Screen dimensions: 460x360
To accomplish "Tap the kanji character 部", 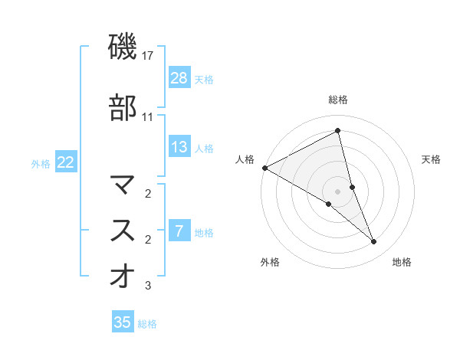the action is coord(123,108).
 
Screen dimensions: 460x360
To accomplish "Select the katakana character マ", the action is coord(123,184).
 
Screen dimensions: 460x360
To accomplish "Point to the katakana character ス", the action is coord(123,229).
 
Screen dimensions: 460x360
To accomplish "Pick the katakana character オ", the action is coord(123,276).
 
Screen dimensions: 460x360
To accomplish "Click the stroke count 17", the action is coord(148,56).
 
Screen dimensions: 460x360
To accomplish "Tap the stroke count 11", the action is coord(148,117).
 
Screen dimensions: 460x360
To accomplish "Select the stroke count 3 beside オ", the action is coord(148,286).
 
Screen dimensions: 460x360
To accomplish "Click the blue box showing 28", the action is coord(179,77).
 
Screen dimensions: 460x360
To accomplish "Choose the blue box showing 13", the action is coord(179,147).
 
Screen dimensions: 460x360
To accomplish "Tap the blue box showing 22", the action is coord(66,162).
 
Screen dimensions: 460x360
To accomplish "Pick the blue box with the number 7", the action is coord(179,231).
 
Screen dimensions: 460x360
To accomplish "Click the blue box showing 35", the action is coord(123,322).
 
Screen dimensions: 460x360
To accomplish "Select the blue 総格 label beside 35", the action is coord(147,324).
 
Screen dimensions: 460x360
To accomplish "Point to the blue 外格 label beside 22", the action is coord(41,163).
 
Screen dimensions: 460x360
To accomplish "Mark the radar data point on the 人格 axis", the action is coord(264,168).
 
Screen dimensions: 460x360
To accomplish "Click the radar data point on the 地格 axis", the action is coord(374,242).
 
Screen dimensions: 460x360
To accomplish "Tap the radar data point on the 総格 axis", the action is coord(338,132).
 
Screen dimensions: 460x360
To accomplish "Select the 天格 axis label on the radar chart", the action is coord(432,159).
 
